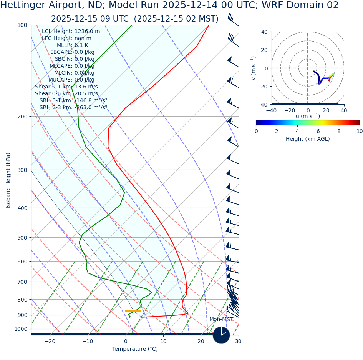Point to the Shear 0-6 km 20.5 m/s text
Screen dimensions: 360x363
click(66, 94)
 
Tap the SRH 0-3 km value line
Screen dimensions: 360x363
click(73, 108)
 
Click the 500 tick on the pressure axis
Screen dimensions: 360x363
click(22, 238)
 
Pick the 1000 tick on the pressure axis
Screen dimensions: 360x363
click(21, 329)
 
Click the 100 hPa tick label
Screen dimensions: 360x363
click(22, 25)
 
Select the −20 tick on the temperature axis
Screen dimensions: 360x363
click(50, 342)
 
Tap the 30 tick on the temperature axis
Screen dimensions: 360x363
click(238, 342)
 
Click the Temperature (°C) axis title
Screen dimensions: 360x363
click(135, 349)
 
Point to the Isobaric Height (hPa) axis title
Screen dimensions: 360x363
click(8, 180)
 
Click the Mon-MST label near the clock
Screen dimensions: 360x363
click(221, 320)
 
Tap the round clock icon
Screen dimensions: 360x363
click(221, 335)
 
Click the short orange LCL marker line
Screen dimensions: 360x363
click(133, 311)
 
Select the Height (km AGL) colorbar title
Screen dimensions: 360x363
click(308, 139)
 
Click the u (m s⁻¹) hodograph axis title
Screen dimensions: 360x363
click(308, 116)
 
